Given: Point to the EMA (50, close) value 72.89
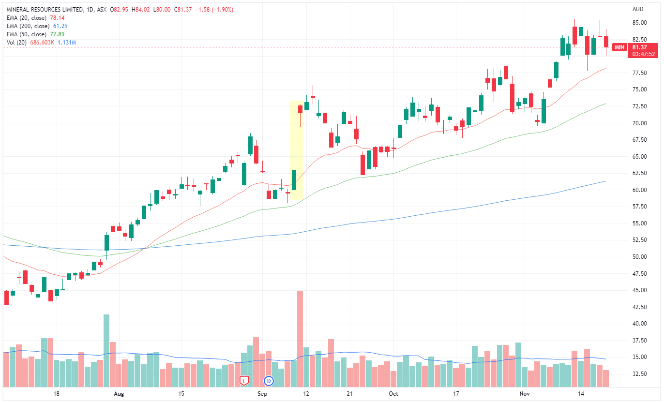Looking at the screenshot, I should (57, 34).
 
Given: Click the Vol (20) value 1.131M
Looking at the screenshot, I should (67, 43).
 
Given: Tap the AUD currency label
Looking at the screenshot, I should (638, 9).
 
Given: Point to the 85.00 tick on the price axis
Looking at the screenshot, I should (639, 23).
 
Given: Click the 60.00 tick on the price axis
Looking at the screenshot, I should (639, 190).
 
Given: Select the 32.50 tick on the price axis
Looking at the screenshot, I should (639, 374).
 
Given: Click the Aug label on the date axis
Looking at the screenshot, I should (118, 394).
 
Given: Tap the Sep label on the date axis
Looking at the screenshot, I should (262, 394).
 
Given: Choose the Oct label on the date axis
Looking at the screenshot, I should (393, 394).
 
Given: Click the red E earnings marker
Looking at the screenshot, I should (244, 381).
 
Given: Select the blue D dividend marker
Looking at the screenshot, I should (269, 381).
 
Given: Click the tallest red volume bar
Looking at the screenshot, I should (300, 339).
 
